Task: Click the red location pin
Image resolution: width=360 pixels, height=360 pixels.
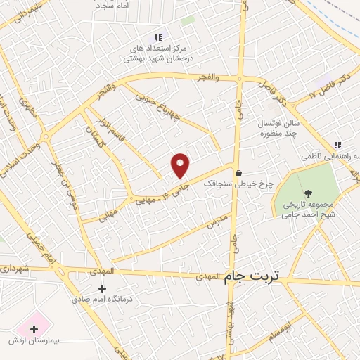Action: (x=181, y=165)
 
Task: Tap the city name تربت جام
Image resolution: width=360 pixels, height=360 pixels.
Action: (x=252, y=277)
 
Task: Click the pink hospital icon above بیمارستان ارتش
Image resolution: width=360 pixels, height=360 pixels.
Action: (x=33, y=328)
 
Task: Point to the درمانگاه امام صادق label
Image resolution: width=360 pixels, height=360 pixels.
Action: (x=101, y=299)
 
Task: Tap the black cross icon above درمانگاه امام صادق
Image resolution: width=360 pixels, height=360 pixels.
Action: (x=102, y=288)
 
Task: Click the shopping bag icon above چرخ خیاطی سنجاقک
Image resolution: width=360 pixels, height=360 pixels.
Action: (x=239, y=174)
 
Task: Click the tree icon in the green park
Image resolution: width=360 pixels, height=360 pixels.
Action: (x=308, y=193)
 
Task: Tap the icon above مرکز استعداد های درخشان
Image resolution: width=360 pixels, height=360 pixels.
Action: (x=158, y=37)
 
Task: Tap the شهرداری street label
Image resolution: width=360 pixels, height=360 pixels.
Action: (x=15, y=268)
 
